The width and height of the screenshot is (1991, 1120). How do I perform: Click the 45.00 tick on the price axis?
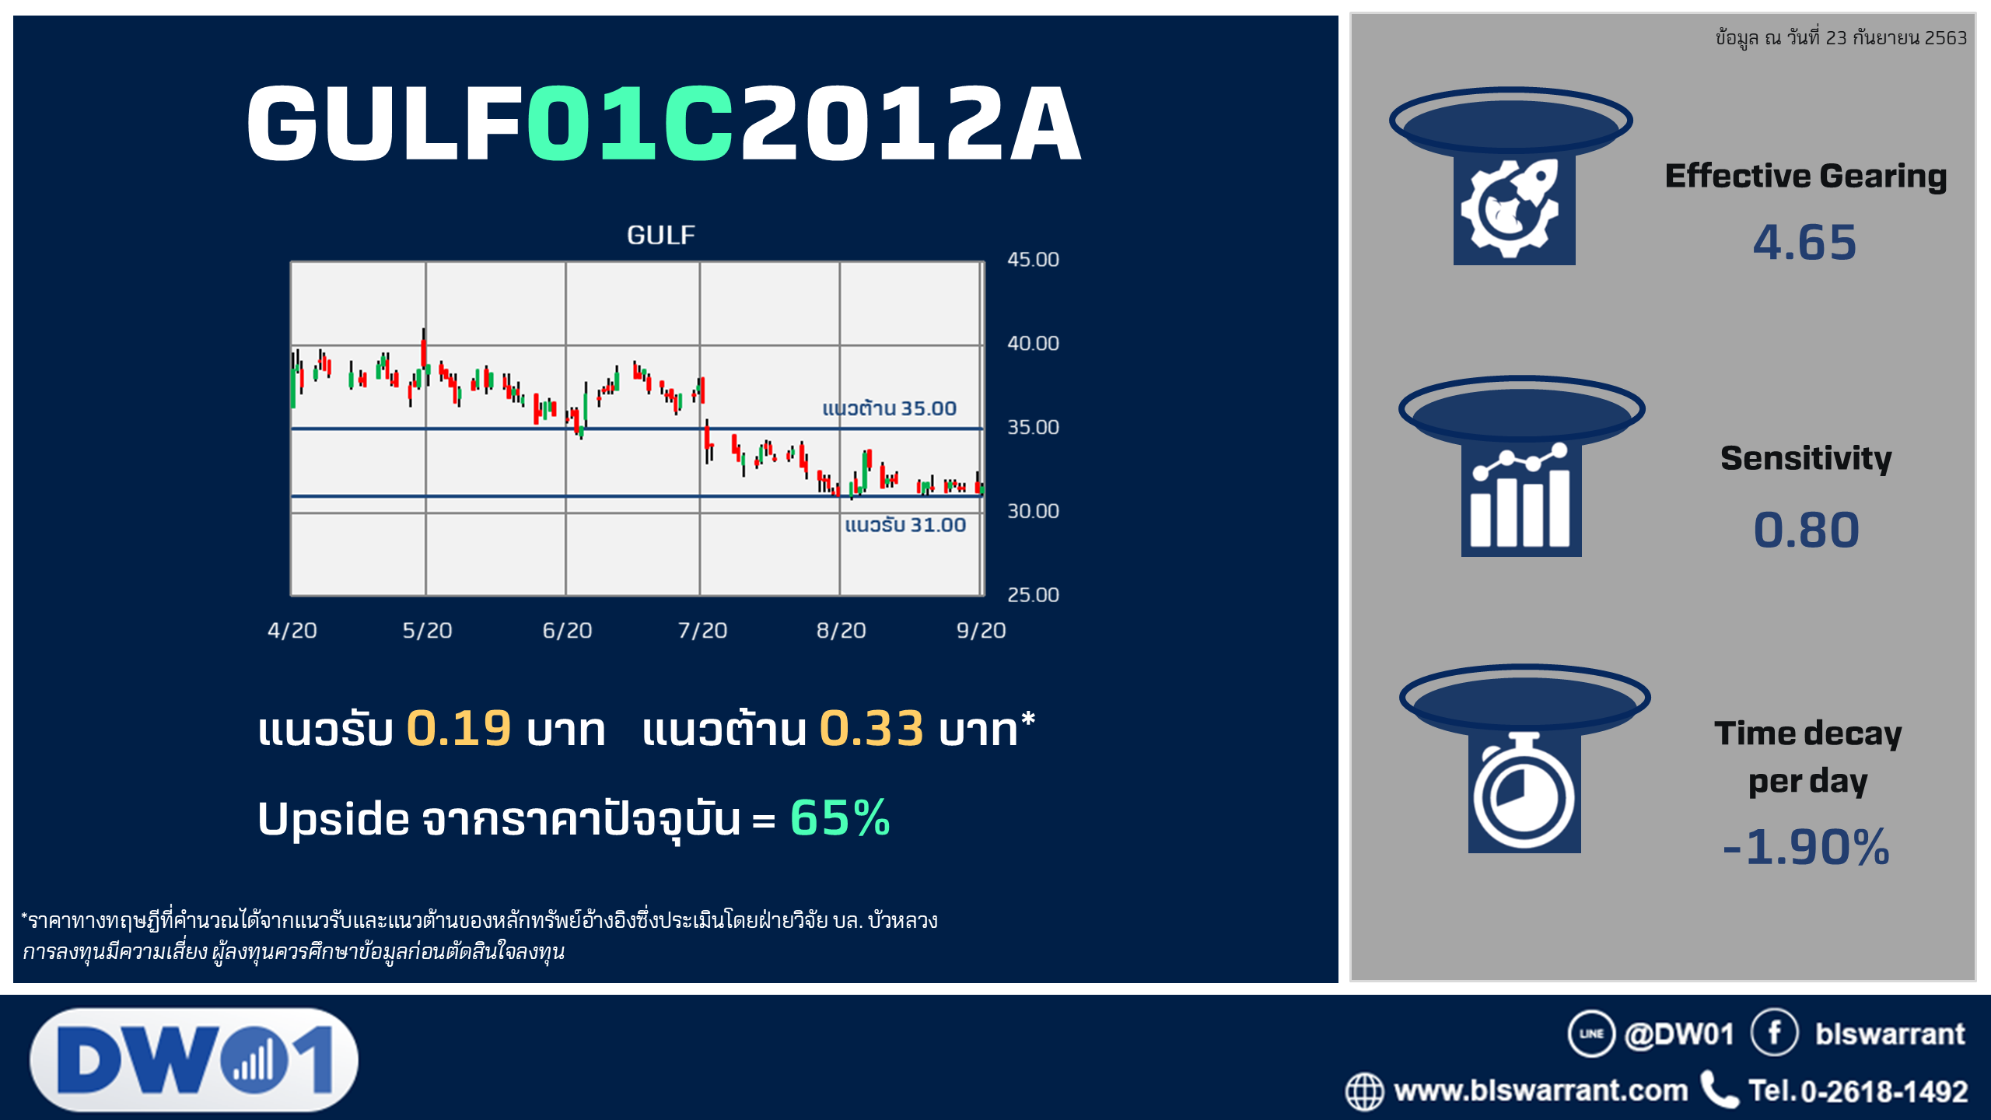[x=1033, y=260]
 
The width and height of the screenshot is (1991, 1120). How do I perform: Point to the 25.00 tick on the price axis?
[x=1033, y=595]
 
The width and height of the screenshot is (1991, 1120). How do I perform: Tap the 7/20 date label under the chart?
[x=702, y=630]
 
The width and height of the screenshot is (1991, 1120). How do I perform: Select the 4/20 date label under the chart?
[x=292, y=630]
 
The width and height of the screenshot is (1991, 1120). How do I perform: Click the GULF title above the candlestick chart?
[x=661, y=235]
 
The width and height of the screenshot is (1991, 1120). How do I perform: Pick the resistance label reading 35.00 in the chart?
[x=890, y=408]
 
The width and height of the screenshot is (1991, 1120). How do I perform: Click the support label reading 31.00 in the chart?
[x=905, y=525]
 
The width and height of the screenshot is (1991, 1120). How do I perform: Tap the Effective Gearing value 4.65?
[x=1804, y=242]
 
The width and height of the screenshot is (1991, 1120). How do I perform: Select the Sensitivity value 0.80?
[x=1806, y=530]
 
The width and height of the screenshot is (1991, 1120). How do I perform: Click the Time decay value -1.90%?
[x=1806, y=847]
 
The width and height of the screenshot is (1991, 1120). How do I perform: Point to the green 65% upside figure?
[x=840, y=818]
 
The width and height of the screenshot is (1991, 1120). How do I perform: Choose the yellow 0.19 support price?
[x=459, y=729]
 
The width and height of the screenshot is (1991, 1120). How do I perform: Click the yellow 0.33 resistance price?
[x=872, y=729]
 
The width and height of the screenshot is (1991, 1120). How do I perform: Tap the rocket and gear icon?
[x=1513, y=208]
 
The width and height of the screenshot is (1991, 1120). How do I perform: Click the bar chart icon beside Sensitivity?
[x=1521, y=499]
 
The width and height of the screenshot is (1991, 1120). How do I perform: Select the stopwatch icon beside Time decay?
[x=1524, y=792]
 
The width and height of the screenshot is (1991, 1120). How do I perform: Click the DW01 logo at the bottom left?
[x=194, y=1059]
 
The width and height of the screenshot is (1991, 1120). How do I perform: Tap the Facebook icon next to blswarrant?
[x=1775, y=1033]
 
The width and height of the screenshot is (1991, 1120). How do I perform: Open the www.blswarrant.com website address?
[x=1541, y=1090]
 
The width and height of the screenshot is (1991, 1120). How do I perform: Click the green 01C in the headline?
[x=631, y=123]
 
